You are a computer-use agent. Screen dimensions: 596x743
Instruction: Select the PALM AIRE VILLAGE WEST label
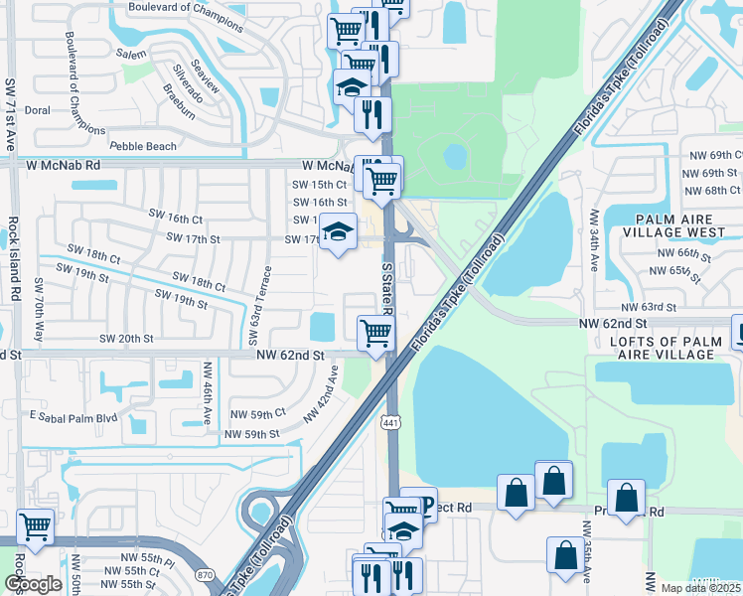click(x=669, y=224)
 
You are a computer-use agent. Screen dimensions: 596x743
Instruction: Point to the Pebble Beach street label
click(x=143, y=146)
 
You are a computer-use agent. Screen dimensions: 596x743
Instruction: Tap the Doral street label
click(x=37, y=110)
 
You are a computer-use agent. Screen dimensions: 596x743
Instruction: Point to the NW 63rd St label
click(x=650, y=308)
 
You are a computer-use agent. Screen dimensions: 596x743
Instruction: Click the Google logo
click(x=33, y=584)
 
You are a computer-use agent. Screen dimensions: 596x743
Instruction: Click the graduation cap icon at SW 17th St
click(x=338, y=231)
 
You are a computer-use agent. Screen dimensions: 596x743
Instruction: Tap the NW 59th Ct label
click(x=257, y=413)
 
